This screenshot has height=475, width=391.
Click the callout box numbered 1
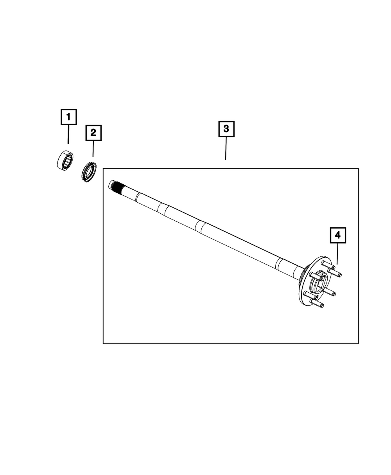click(x=68, y=117)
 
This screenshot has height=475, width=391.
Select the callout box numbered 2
click(x=93, y=133)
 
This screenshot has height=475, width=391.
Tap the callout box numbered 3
click(x=226, y=129)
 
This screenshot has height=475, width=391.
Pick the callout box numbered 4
click(x=337, y=235)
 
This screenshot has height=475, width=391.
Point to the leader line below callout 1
click(x=68, y=134)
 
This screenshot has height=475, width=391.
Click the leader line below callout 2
click(x=93, y=149)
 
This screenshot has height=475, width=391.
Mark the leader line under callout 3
click(x=226, y=148)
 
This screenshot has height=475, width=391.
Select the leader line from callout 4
click(x=337, y=254)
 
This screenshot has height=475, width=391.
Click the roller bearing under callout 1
click(x=65, y=160)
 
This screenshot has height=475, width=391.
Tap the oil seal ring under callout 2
click(x=89, y=172)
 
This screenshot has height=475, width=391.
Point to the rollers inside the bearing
click(x=68, y=162)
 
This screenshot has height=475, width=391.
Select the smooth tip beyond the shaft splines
click(x=111, y=184)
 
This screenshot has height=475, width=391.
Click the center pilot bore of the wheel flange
click(x=318, y=282)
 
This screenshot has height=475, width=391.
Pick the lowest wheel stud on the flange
click(x=317, y=303)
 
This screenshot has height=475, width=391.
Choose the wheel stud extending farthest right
click(x=335, y=273)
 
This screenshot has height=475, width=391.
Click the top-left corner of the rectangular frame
click(x=103, y=168)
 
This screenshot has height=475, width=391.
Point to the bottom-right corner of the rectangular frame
click(x=359, y=344)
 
